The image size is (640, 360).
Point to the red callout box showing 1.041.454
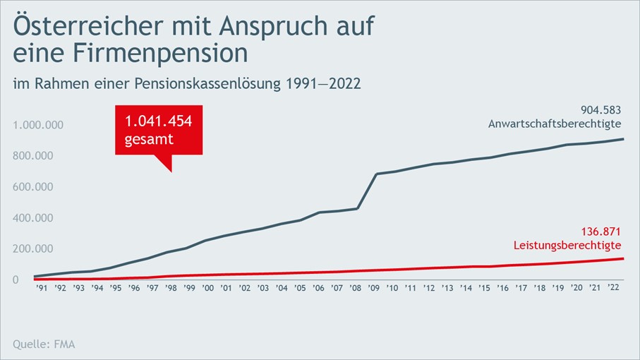(159, 130)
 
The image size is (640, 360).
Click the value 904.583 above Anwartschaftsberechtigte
(600, 109)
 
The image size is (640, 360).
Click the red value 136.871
(600, 231)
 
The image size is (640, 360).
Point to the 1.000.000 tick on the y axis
(39, 125)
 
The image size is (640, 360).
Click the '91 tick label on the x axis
(42, 288)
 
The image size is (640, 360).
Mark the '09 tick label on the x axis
(373, 288)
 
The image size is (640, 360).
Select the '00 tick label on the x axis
(207, 288)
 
